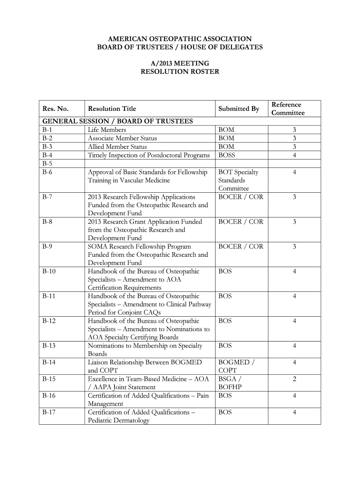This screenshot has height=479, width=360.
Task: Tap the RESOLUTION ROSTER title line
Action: [x=180, y=72]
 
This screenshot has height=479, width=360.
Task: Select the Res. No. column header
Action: [x=55, y=109]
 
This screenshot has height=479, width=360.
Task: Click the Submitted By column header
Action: [x=238, y=109]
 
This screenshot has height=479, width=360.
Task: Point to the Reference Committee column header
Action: [x=288, y=109]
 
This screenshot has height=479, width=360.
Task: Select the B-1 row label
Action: [x=47, y=130]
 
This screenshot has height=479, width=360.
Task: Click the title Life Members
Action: [x=107, y=130]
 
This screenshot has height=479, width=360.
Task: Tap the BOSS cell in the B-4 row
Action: [x=227, y=155]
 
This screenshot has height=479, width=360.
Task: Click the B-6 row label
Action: [x=47, y=172]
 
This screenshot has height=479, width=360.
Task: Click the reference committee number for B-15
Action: [x=294, y=379]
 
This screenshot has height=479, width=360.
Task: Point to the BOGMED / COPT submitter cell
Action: [x=237, y=366]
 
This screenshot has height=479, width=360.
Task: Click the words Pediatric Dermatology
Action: [x=118, y=421]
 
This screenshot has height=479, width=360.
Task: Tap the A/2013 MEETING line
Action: [x=180, y=63]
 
